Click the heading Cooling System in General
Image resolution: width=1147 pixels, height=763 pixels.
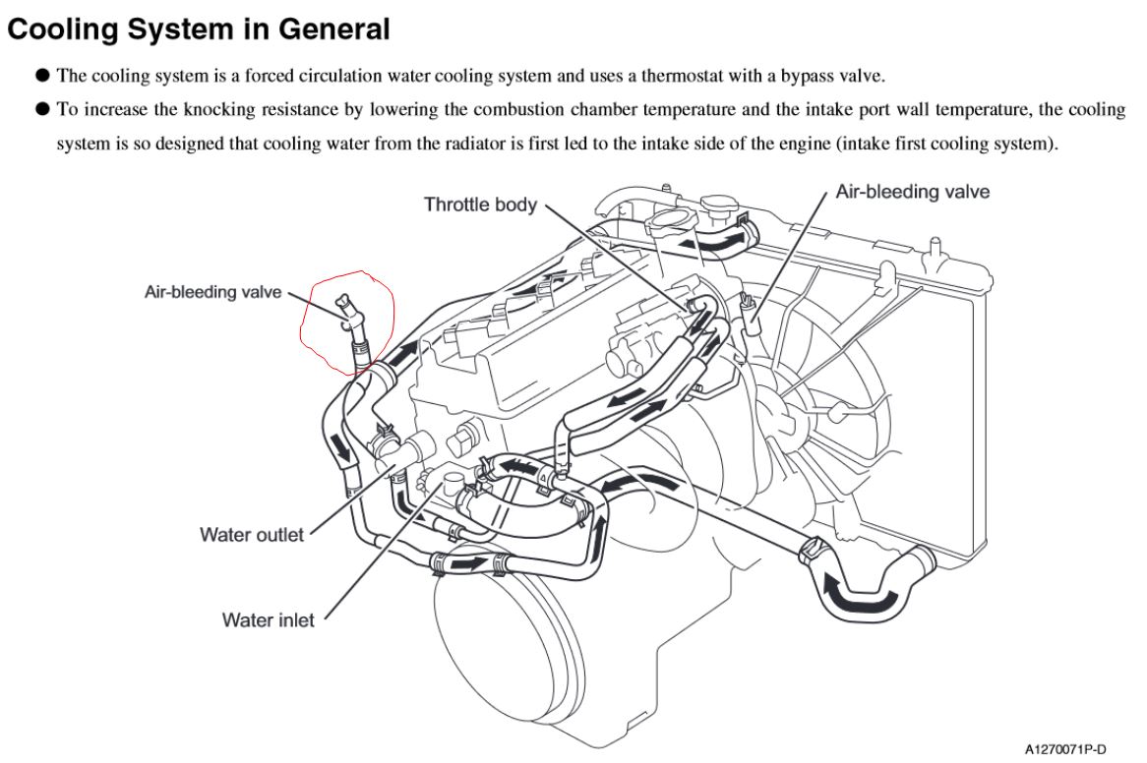pyautogui.click(x=199, y=29)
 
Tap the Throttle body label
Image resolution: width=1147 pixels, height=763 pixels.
pyautogui.click(x=481, y=205)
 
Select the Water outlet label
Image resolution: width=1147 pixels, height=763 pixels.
pyautogui.click(x=252, y=535)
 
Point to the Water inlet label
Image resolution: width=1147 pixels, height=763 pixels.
pyautogui.click(x=268, y=620)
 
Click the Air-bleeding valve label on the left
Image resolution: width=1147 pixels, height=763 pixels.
pyautogui.click(x=212, y=292)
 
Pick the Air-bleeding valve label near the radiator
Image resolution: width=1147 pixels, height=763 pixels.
pyautogui.click(x=913, y=192)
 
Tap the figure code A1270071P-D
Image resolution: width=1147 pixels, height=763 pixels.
pyautogui.click(x=1065, y=749)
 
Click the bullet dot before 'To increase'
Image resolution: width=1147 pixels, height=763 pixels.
pyautogui.click(x=42, y=109)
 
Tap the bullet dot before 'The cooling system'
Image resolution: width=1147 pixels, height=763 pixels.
pyautogui.click(x=42, y=76)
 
